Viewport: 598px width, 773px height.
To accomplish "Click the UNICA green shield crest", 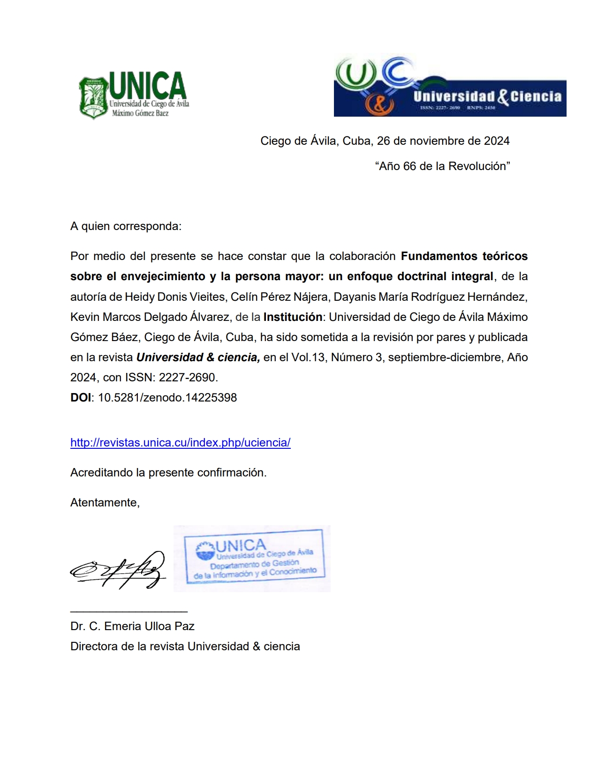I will [x=94, y=97].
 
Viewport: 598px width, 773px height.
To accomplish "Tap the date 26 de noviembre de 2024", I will [x=443, y=141].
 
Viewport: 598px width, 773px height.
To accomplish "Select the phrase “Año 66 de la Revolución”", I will [x=442, y=166].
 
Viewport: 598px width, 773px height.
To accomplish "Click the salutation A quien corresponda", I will [x=126, y=226].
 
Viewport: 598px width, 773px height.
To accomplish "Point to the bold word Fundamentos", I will [x=438, y=256].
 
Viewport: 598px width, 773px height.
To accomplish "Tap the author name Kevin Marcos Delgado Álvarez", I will [x=150, y=317].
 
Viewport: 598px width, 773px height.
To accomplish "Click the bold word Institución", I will [x=293, y=317].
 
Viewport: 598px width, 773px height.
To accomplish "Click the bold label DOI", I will [x=81, y=398].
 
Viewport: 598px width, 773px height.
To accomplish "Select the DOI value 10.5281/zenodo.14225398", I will [x=167, y=398].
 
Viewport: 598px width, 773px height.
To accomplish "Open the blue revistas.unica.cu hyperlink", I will [x=180, y=443].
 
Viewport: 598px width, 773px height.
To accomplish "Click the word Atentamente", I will [x=105, y=503].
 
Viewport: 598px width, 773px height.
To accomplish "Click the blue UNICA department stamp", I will [x=253, y=558].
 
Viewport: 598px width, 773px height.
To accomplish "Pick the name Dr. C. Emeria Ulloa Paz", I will [x=132, y=626].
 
